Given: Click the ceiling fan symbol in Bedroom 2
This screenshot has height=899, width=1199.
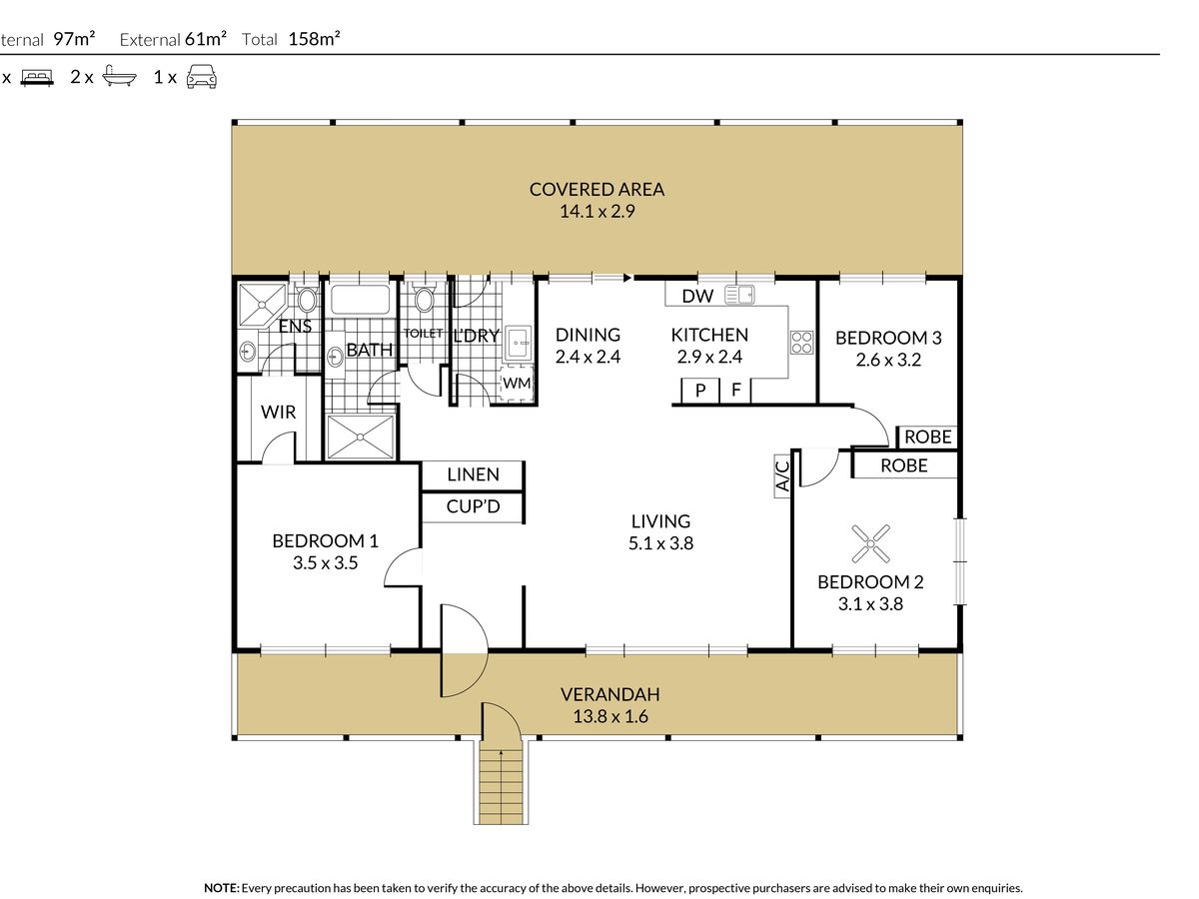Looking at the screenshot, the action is tap(870, 543).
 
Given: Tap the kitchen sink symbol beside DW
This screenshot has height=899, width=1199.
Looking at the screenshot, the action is tap(739, 295).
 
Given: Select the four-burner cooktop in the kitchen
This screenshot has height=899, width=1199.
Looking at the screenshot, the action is tap(801, 343).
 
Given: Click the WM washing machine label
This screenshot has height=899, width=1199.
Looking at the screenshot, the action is tap(517, 384).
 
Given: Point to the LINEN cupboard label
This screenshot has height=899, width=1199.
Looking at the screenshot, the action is tap(473, 474).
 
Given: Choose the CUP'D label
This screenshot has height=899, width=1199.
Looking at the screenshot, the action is tap(473, 506).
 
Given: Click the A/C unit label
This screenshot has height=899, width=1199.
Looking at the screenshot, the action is tap(782, 476).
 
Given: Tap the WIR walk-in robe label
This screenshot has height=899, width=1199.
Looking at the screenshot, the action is tap(278, 412).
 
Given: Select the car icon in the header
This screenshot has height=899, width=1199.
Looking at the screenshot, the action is tap(201, 77).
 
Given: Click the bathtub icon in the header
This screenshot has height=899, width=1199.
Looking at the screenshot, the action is tap(119, 76).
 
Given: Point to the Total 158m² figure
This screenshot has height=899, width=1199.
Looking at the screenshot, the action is tap(291, 39).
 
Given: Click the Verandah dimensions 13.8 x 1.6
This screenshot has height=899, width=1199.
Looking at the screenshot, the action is tap(610, 716).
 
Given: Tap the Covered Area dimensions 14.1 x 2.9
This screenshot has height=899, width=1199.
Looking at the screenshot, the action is tap(598, 211).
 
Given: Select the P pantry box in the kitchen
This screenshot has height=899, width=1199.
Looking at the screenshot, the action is tap(700, 391).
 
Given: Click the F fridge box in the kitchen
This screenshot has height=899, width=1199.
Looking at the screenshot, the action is tap(735, 391).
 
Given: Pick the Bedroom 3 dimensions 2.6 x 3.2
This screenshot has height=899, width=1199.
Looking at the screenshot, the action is tap(888, 360).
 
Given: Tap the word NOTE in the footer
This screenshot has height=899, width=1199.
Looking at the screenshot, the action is tap(221, 888).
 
